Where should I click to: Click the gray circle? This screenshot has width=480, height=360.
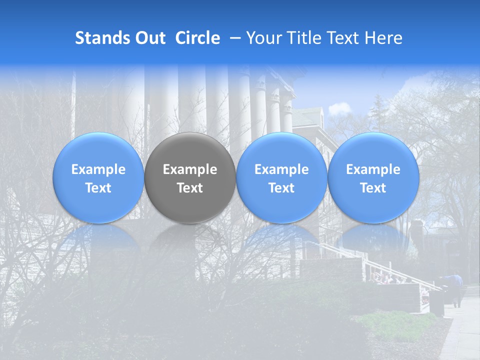point(190,150)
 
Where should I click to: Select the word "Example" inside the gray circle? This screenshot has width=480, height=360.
point(190,169)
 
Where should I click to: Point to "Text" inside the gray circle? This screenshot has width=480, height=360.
point(190,188)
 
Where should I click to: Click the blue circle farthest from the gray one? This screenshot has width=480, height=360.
point(373,177)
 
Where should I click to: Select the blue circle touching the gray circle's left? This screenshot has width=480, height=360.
point(98,177)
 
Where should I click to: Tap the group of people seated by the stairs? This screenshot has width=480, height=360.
point(387,278)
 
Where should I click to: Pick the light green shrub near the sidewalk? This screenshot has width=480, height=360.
point(395,320)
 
